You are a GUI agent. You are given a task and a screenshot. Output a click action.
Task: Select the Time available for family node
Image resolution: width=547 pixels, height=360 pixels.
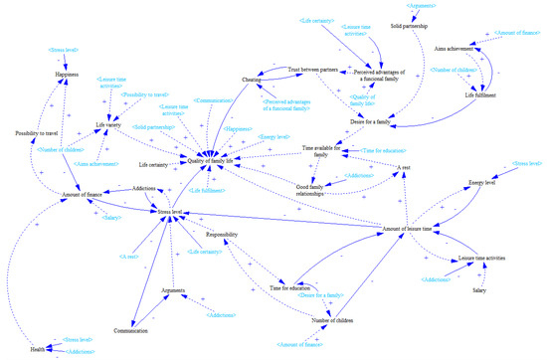pyautogui.click(x=324, y=151)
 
